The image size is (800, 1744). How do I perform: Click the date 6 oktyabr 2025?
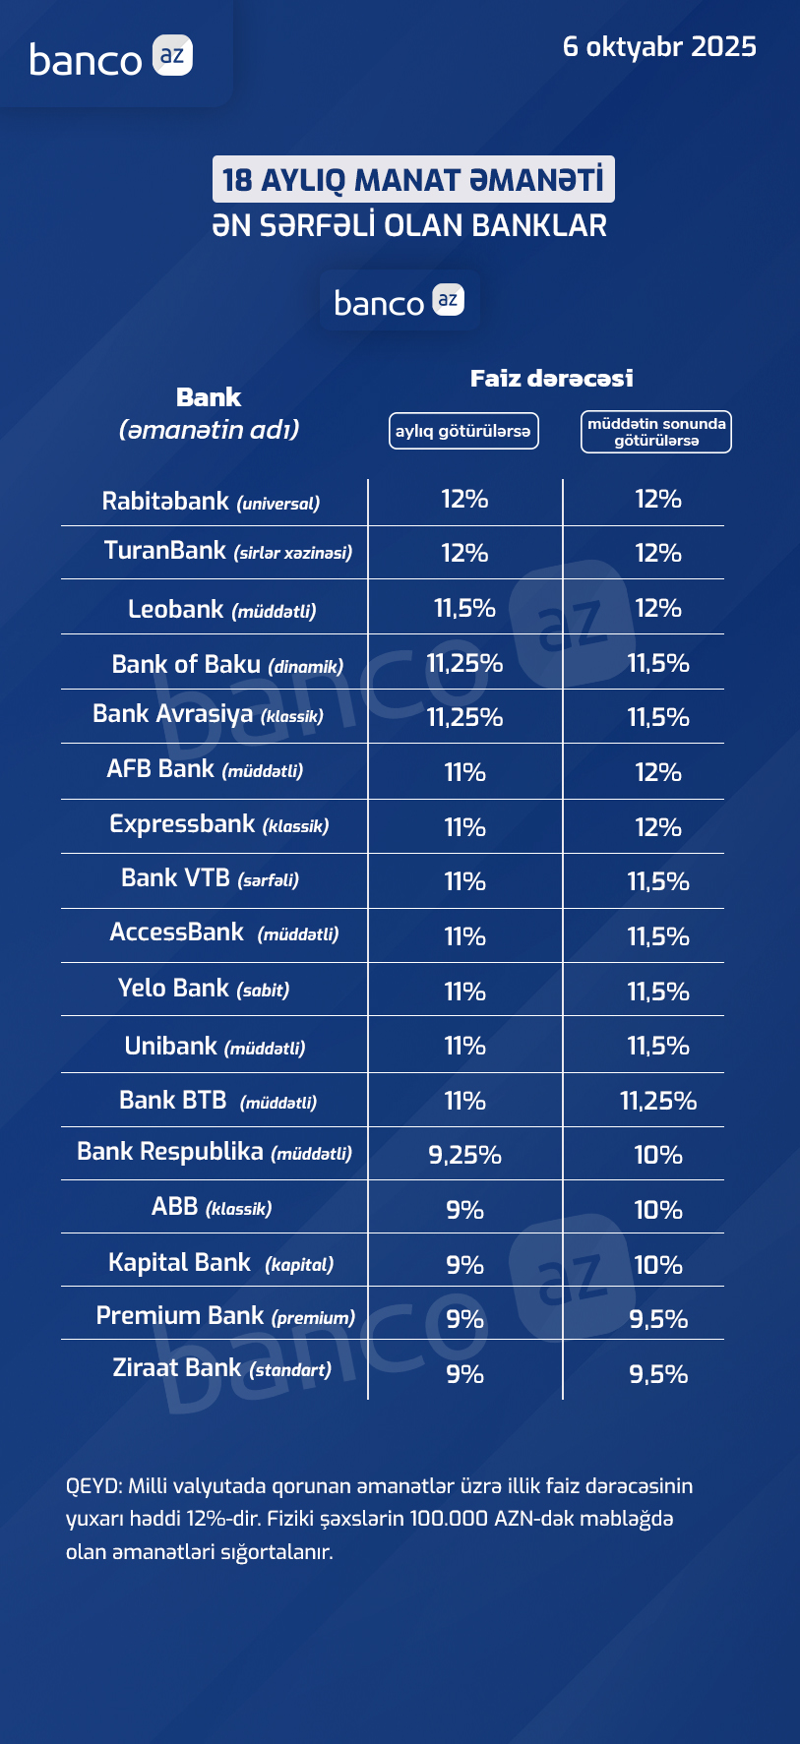[x=659, y=47]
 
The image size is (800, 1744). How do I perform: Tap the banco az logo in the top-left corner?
[x=111, y=58]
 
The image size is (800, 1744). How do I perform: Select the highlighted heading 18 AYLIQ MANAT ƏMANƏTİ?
[x=413, y=180]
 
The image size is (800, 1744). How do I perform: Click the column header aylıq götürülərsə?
[x=463, y=431]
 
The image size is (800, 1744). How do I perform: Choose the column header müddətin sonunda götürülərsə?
[x=656, y=432]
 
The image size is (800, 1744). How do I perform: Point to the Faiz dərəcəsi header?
[x=551, y=379]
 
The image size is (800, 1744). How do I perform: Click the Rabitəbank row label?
[x=211, y=502]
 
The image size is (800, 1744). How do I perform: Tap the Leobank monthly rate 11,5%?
[x=464, y=609]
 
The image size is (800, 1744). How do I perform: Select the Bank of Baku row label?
[x=227, y=665]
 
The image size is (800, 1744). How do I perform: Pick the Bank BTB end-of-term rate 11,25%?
[x=658, y=1101]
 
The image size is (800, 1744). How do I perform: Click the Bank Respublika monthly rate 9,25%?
[x=464, y=1156]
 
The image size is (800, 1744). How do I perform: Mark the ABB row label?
[x=212, y=1207]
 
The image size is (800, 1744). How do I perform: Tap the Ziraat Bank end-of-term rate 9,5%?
[x=658, y=1374]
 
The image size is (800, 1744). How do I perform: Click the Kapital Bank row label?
[x=220, y=1263]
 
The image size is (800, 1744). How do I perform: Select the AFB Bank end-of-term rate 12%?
[x=658, y=773]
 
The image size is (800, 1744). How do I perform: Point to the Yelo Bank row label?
[x=204, y=989]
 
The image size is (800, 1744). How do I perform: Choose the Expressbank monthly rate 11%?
[x=464, y=828]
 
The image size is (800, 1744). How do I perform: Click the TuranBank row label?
[x=227, y=551]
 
